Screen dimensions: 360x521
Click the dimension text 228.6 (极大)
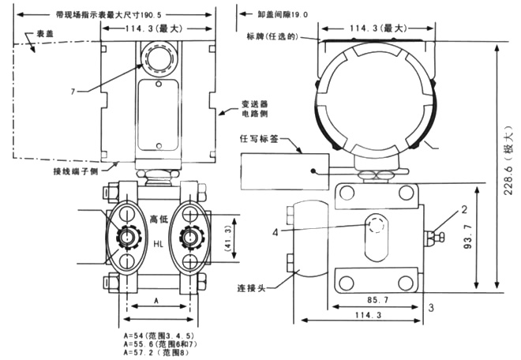coord(509,165)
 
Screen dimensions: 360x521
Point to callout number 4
coord(341,231)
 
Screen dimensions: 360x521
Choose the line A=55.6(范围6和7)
coord(156,344)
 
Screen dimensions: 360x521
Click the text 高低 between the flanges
coord(160,220)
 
